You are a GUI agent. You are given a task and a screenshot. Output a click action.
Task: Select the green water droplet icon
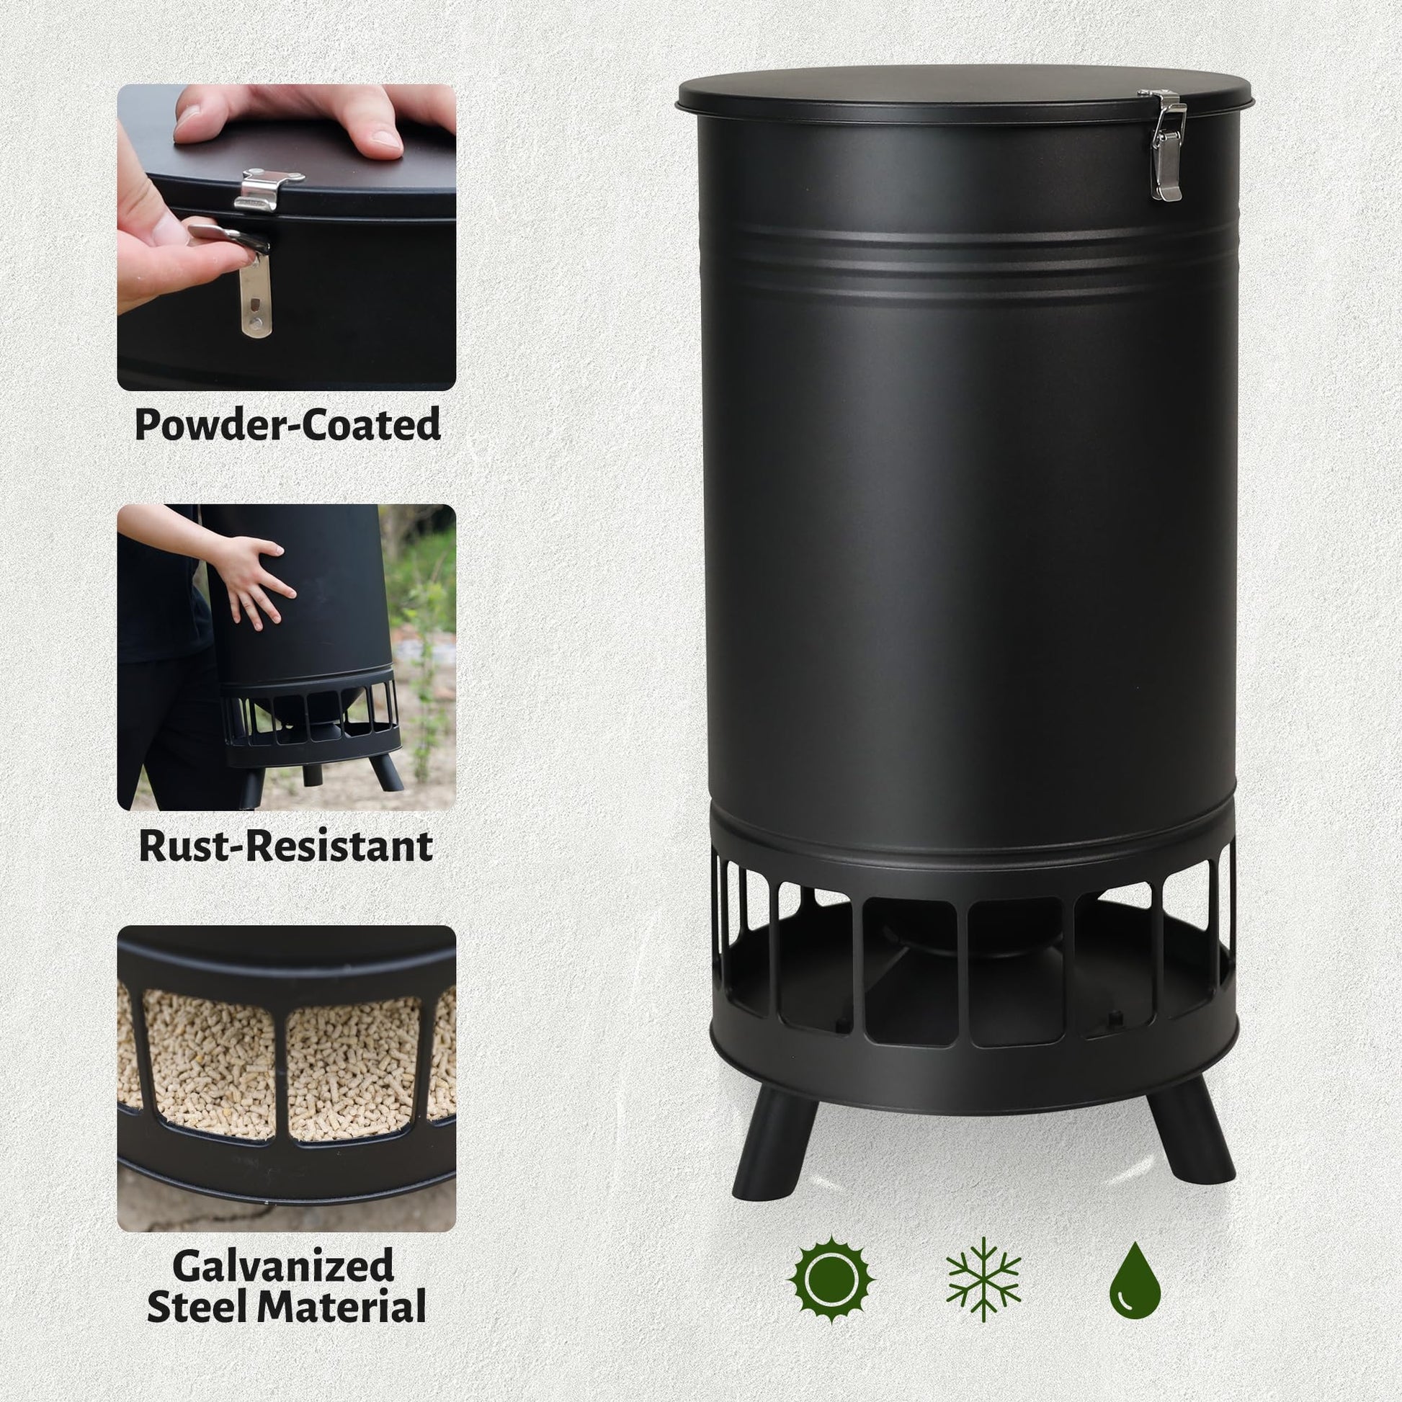pyautogui.click(x=1135, y=1280)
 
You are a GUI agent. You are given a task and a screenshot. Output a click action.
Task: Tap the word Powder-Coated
pyautogui.click(x=287, y=424)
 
